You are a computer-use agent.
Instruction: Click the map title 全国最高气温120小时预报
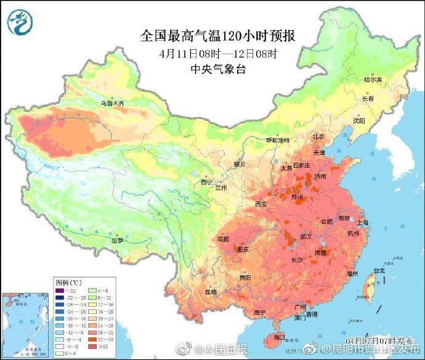pyautogui.click(x=217, y=36)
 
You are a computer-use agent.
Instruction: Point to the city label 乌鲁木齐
pyautogui.click(x=112, y=104)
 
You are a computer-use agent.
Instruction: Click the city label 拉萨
pyautogui.click(x=117, y=240)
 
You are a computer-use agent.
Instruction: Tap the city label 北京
pyautogui.click(x=318, y=136)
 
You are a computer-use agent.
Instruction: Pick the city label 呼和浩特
pyautogui.click(x=277, y=140)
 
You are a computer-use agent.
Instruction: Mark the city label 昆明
pyautogui.click(x=211, y=291)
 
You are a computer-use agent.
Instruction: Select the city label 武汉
pyautogui.click(x=306, y=237)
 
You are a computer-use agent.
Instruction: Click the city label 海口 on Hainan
pyautogui.click(x=279, y=337)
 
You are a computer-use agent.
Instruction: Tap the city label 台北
pyautogui.click(x=378, y=270)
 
